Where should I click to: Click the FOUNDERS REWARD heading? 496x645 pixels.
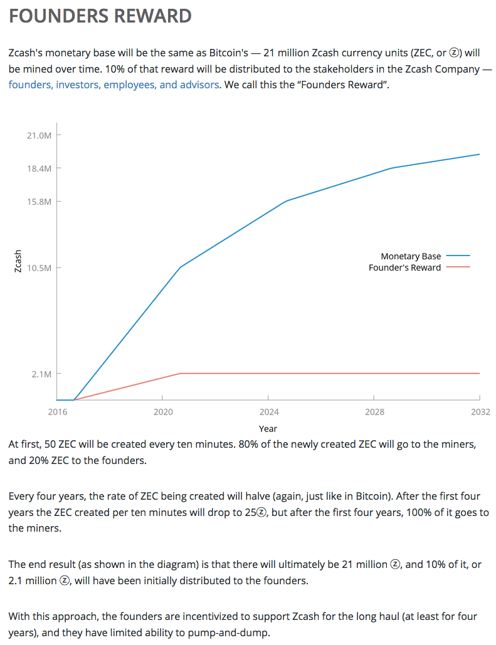coord(100,16)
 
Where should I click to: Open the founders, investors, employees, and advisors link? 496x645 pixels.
coord(113,85)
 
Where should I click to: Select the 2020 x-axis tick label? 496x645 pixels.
coord(162,412)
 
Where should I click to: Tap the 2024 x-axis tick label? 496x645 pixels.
coord(268,412)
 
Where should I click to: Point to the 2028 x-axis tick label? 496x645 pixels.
coord(374,412)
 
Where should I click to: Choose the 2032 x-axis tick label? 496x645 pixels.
coord(480,412)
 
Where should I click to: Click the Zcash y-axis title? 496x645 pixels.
coord(18,261)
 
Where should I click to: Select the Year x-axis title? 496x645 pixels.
coord(268,429)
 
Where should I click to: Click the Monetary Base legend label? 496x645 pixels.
coord(411,256)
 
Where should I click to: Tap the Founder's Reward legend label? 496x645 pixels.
coord(404,267)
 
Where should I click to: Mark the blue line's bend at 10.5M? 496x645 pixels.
coord(181,267)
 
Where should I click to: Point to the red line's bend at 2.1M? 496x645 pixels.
coord(181,373)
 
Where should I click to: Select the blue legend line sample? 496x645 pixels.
coord(459,256)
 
